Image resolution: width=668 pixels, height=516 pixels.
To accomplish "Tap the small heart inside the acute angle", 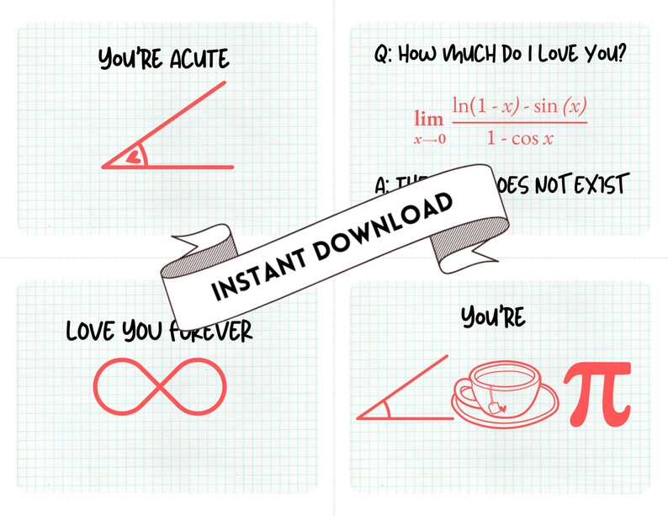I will coord(133,156).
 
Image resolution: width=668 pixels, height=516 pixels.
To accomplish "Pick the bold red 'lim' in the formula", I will coord(429,119).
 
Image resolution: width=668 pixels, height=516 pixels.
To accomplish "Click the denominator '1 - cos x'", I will coord(519,138).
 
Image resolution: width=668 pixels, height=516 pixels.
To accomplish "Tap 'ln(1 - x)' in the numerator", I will coord(485,105).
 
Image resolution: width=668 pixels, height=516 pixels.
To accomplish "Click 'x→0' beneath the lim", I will coord(429,139).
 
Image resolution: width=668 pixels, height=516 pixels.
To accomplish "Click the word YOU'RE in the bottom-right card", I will coord(492,317).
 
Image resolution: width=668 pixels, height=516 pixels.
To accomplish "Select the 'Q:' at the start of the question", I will coord(384,56).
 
